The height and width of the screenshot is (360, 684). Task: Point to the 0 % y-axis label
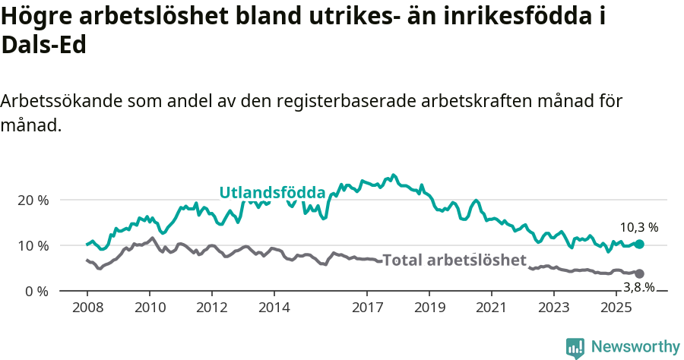[37, 292]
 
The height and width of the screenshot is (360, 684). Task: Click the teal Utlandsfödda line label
[272, 193]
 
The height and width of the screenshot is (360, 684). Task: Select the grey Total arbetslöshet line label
[454, 261]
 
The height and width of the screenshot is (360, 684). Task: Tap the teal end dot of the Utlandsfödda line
[639, 244]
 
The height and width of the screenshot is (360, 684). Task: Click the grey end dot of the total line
[639, 273]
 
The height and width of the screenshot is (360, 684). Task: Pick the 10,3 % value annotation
[638, 227]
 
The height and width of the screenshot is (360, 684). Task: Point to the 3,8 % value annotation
[638, 287]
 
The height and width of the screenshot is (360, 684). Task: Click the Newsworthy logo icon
[575, 348]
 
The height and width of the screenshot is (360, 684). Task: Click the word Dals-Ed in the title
[43, 45]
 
